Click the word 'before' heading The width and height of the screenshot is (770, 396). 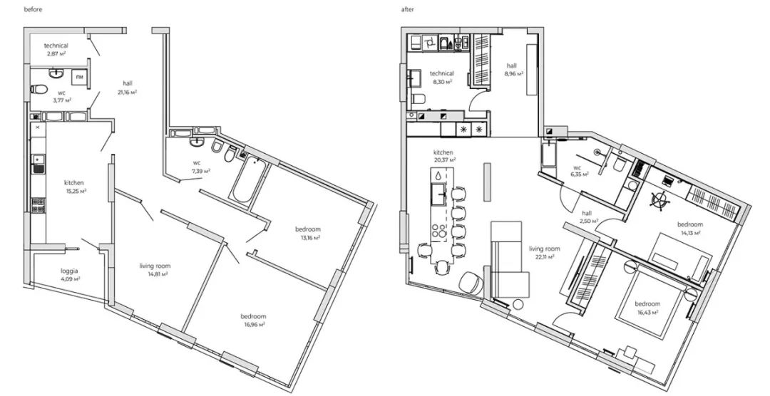pyautogui.click(x=33, y=9)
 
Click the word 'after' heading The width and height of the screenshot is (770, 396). pyautogui.click(x=408, y=9)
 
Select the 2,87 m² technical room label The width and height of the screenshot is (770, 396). pyautogui.click(x=56, y=49)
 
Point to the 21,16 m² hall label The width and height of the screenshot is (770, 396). pyautogui.click(x=128, y=88)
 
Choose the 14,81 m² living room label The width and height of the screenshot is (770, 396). pyautogui.click(x=155, y=270)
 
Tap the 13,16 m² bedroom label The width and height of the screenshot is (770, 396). pyautogui.click(x=308, y=234)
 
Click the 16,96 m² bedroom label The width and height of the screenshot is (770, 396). pyautogui.click(x=253, y=320)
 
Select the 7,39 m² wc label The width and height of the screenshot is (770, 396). pyautogui.click(x=200, y=167)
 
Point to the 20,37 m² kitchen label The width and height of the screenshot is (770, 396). pyautogui.click(x=443, y=156)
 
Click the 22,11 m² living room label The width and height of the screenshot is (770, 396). pyautogui.click(x=544, y=252)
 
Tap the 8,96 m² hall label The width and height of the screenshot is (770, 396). pyautogui.click(x=512, y=70)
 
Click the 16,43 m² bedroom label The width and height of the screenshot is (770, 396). pyautogui.click(x=647, y=308)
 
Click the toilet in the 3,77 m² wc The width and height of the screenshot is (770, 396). pyautogui.click(x=38, y=90)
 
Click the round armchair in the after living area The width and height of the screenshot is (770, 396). pyautogui.click(x=471, y=283)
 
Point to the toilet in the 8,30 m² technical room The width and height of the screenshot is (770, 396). pyautogui.click(x=418, y=100)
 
